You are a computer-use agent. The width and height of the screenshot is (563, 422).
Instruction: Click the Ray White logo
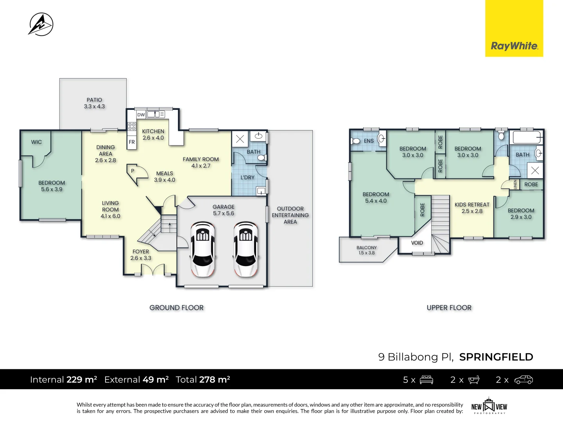[514, 46]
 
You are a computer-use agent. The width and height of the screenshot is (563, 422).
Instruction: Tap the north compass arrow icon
[41, 24]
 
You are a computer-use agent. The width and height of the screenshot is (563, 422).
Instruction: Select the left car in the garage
[203, 249]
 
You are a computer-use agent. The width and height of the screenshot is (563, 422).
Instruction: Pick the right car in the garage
[246, 249]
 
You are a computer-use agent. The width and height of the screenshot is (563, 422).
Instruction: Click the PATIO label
[94, 100]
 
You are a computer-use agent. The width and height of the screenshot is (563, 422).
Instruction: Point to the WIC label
[36, 142]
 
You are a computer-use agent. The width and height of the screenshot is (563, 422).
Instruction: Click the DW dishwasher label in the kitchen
[141, 114]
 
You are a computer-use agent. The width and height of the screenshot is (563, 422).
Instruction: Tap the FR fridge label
[132, 142]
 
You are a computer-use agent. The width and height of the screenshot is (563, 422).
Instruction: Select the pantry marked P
[133, 171]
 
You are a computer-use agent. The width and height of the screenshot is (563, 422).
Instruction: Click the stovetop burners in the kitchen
[132, 126]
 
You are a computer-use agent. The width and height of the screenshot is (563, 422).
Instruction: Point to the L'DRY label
[247, 177]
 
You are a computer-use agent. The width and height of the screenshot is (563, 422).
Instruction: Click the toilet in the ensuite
[356, 141]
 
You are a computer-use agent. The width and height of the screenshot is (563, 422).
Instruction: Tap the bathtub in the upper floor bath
[527, 138]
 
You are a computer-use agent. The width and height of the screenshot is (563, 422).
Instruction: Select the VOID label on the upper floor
[417, 243]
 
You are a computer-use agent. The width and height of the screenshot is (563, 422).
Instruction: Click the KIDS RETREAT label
[472, 205]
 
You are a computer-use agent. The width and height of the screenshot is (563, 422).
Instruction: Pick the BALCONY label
[366, 248]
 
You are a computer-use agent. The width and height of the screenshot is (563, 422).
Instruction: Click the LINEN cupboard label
[515, 184]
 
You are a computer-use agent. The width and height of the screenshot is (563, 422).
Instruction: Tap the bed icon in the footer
[426, 380]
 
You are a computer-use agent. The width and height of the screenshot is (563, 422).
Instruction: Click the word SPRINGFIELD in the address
[496, 357]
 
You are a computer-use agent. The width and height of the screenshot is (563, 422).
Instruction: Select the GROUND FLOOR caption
[176, 308]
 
